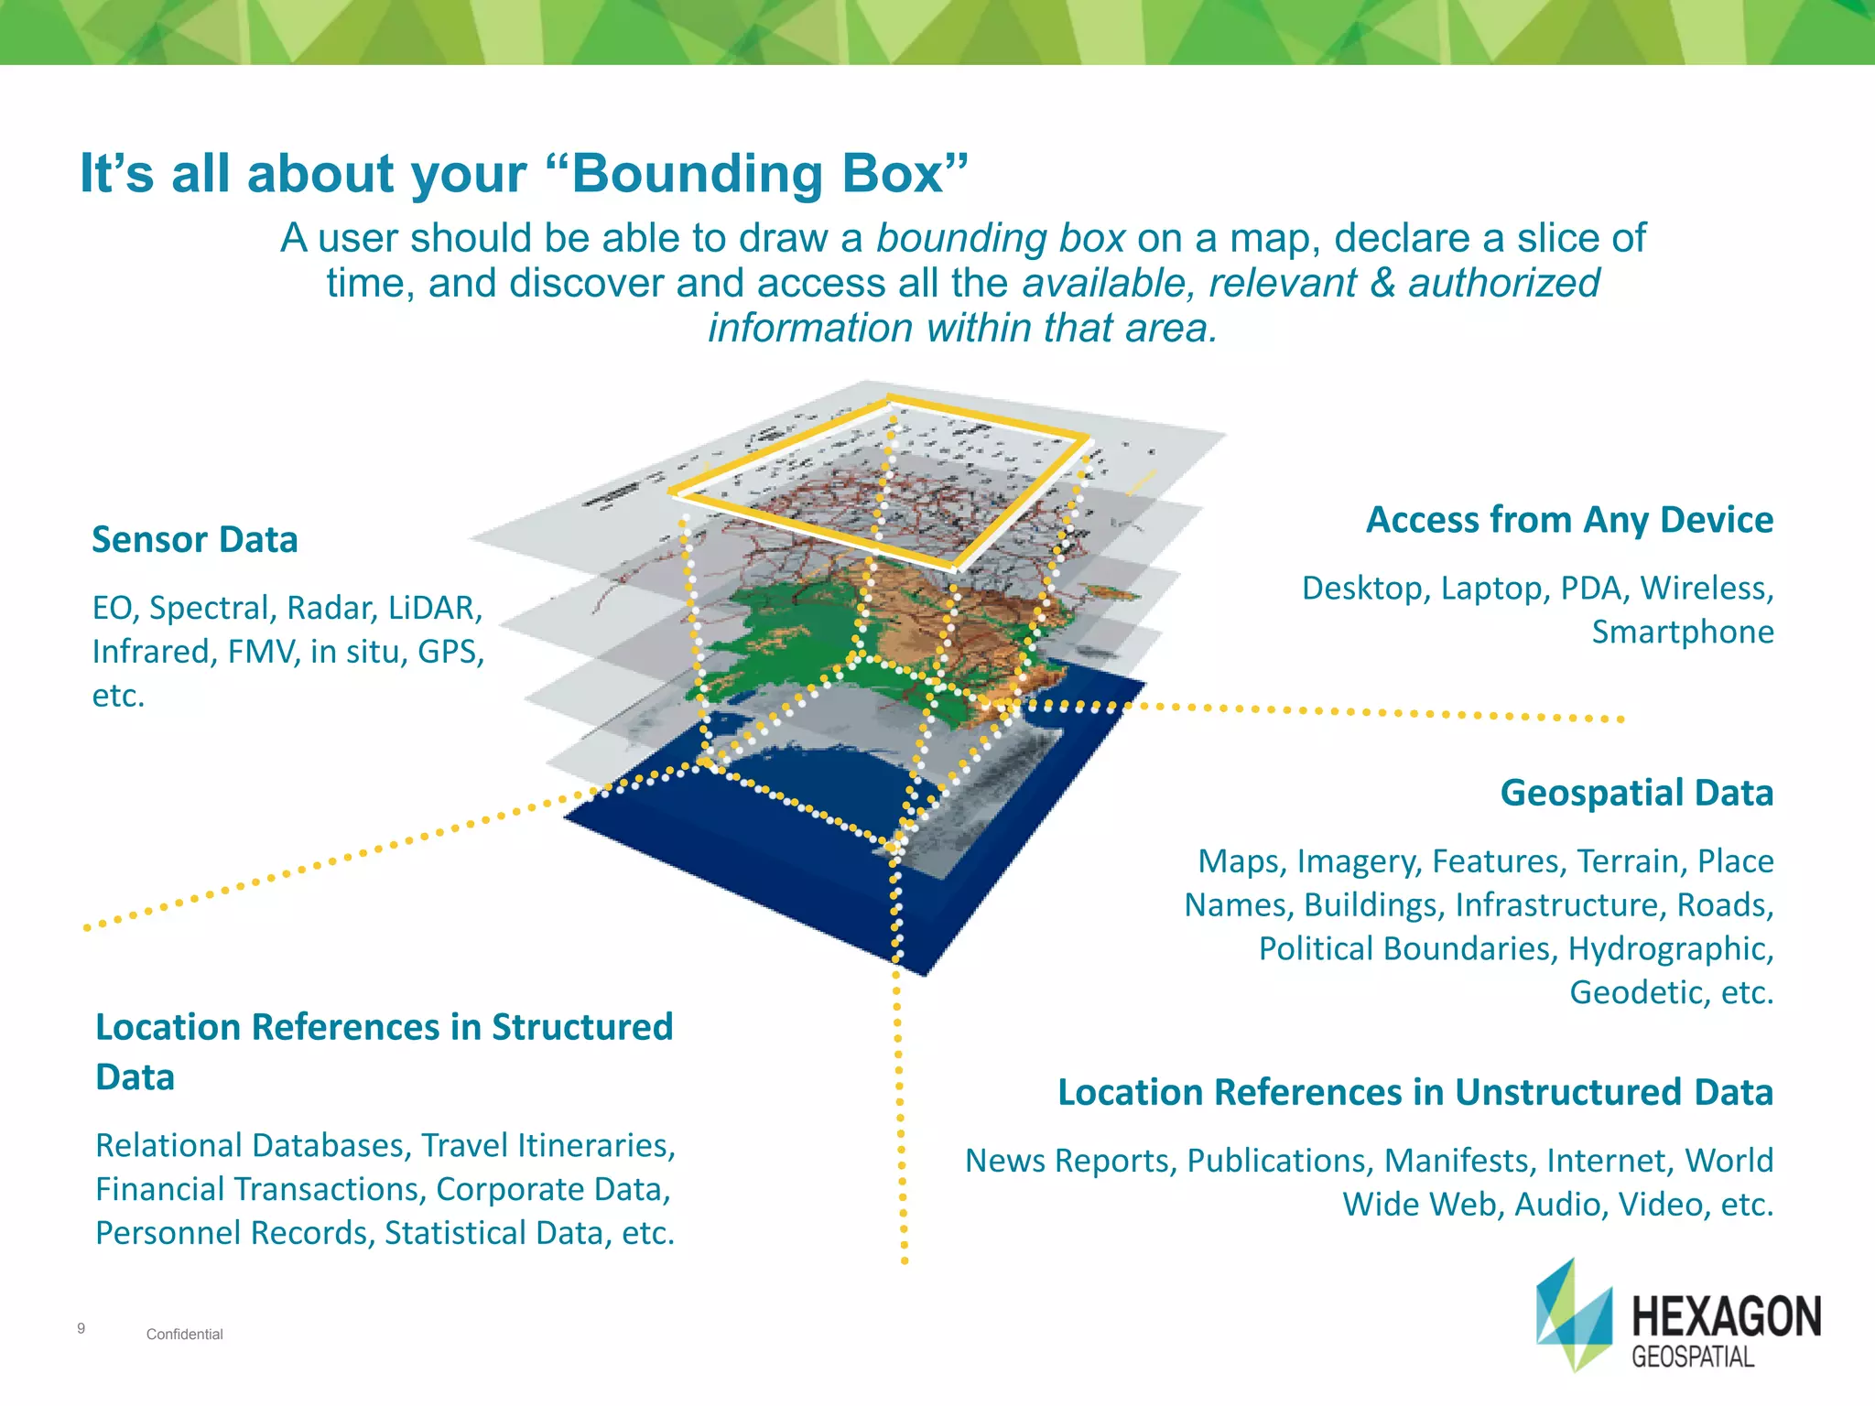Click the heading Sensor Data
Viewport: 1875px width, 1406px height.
(x=194, y=540)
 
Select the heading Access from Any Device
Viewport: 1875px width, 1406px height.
(x=1569, y=520)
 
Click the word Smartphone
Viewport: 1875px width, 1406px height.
(x=1682, y=632)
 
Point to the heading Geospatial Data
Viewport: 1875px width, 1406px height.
(x=1636, y=793)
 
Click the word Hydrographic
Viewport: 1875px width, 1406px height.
(x=1670, y=948)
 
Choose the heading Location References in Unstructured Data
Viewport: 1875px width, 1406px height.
(x=1414, y=1092)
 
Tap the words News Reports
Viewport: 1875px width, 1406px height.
(x=1068, y=1161)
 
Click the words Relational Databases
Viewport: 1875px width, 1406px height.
(x=253, y=1145)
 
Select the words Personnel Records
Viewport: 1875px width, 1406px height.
(x=234, y=1233)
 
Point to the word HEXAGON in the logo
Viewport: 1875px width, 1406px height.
(x=1727, y=1316)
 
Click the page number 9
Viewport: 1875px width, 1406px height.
(x=81, y=1328)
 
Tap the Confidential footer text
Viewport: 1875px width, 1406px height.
(x=184, y=1335)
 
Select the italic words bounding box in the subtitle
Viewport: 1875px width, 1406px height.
(x=1000, y=238)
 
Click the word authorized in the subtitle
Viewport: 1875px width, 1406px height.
(x=1503, y=283)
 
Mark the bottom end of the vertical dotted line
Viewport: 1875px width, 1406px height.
(x=905, y=1261)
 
